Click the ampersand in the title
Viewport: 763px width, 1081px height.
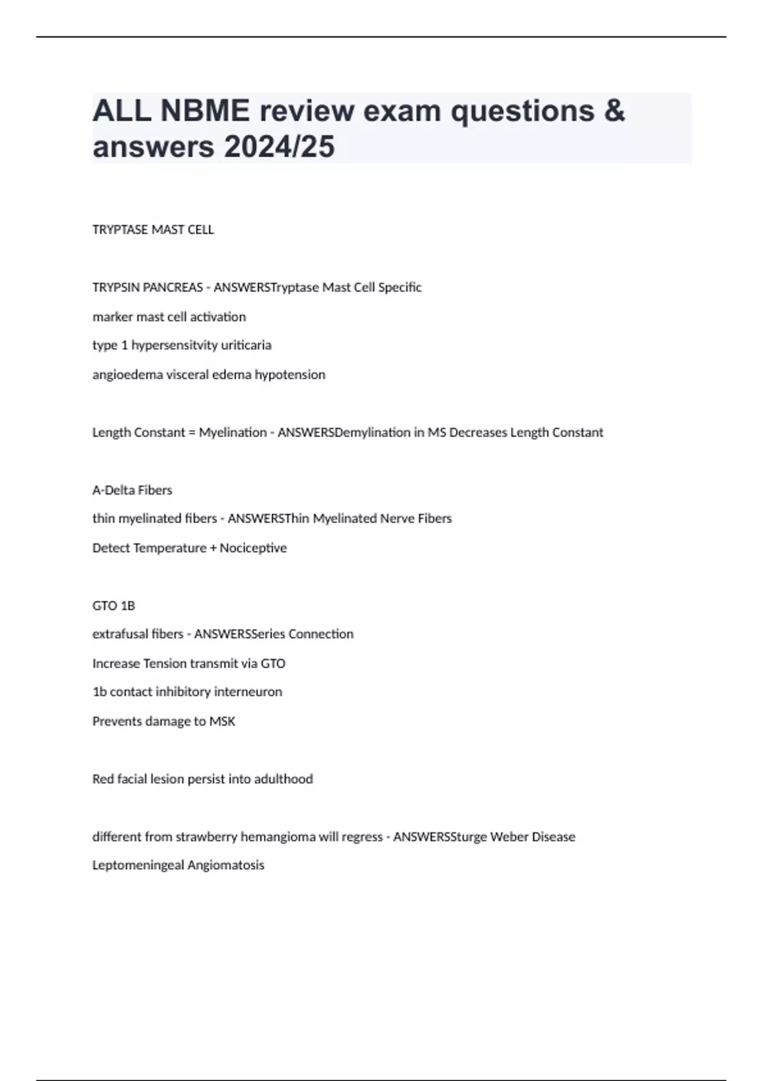614,111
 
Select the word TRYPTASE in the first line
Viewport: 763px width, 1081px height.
120,230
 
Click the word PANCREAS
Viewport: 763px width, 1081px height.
173,287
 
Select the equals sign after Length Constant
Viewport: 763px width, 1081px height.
192,432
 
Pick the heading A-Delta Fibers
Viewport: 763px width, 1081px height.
132,490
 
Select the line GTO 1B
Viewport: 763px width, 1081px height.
114,606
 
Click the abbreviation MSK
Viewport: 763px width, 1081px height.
223,721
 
